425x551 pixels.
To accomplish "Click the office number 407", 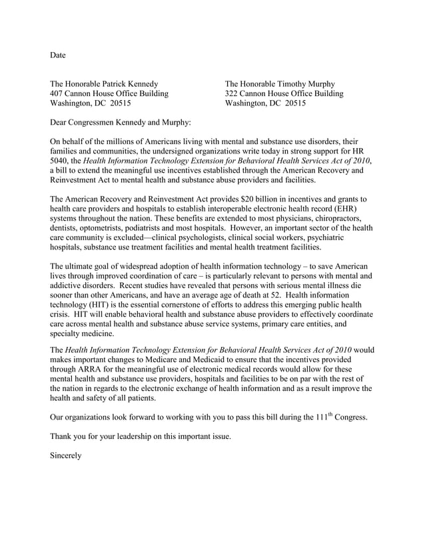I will click(x=58, y=94).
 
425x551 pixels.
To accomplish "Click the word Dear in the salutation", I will click(x=61, y=123).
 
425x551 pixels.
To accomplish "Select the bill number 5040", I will click(x=61, y=161).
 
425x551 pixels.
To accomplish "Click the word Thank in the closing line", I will click(x=63, y=437).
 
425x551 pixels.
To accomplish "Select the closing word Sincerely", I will click(x=66, y=456).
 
